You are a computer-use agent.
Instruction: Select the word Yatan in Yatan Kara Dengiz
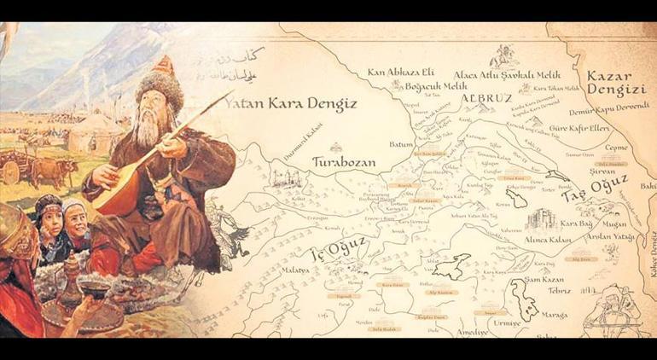click(x=245, y=104)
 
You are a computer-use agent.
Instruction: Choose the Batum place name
click(x=401, y=144)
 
